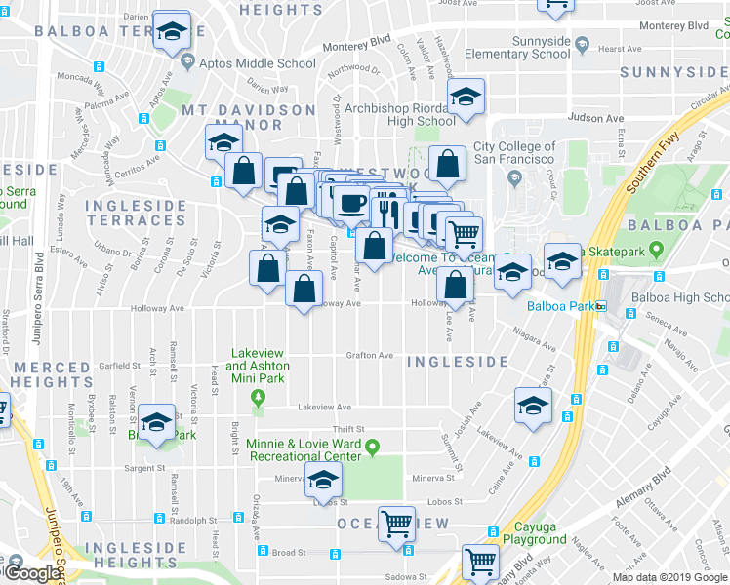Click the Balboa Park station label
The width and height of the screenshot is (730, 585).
coord(560,306)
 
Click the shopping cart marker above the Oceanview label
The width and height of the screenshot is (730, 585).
coord(396,524)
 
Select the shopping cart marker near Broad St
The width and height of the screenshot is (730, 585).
coord(480,562)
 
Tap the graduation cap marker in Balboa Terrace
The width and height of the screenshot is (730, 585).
coord(172,32)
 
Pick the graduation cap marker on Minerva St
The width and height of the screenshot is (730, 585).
coord(323,480)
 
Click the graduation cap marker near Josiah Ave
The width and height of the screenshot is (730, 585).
coord(533,406)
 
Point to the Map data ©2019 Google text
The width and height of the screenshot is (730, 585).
coord(669,577)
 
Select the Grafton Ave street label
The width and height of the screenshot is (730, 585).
coord(370,355)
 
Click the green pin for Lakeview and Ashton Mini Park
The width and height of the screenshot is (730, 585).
coord(258,397)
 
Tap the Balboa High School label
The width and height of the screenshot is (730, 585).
coord(680,297)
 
